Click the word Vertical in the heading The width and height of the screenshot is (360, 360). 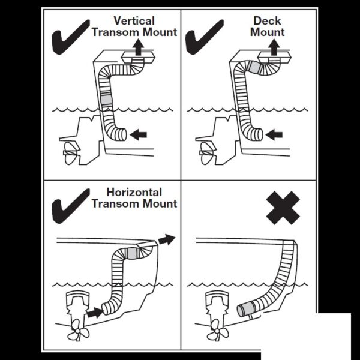tap(133, 20)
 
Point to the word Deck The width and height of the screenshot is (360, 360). tap(267, 21)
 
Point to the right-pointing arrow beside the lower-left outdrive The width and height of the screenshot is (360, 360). tap(93, 312)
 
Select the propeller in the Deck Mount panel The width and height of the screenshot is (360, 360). tap(203, 153)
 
